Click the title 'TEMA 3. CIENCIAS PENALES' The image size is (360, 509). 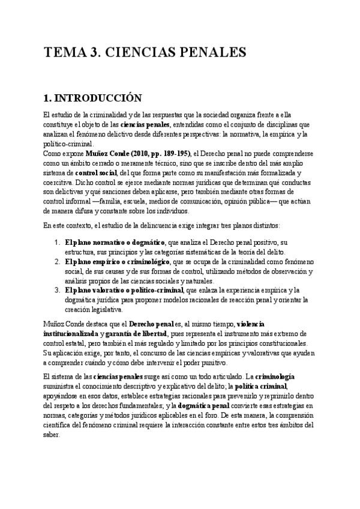(x=145, y=53)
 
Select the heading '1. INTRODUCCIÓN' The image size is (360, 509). (x=92, y=98)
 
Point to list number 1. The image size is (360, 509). (x=56, y=242)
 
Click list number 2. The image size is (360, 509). (x=56, y=262)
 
